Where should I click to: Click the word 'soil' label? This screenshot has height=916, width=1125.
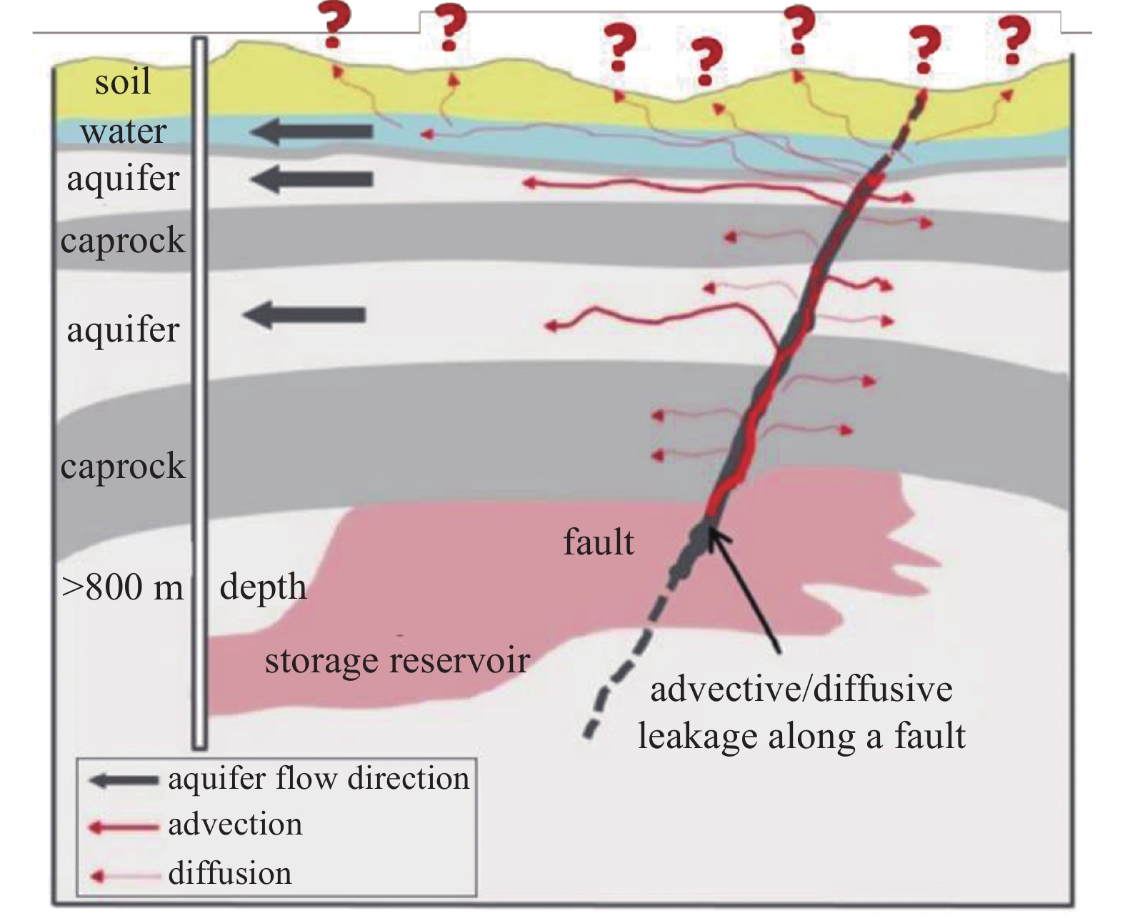(123, 82)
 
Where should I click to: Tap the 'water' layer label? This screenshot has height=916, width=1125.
(123, 131)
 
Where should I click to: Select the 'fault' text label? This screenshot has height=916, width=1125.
(598, 542)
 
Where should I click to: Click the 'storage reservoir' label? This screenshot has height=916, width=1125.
(397, 660)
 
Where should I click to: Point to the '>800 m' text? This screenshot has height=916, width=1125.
(123, 587)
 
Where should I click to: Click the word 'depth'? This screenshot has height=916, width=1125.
(263, 587)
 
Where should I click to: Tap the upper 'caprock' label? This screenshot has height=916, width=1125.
(123, 241)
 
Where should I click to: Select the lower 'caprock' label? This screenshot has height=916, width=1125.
(123, 466)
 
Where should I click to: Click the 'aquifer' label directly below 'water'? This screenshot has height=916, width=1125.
(123, 179)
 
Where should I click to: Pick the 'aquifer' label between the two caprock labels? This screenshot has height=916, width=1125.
(123, 330)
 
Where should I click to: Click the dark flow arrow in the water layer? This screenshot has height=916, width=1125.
(312, 131)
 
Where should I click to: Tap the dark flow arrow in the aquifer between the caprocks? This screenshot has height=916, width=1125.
(305, 314)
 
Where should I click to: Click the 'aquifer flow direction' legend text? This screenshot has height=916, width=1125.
(319, 779)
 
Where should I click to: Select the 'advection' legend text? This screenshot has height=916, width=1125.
(235, 825)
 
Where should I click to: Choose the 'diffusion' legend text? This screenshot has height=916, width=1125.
(230, 874)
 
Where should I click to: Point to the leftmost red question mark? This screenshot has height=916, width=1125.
(334, 25)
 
